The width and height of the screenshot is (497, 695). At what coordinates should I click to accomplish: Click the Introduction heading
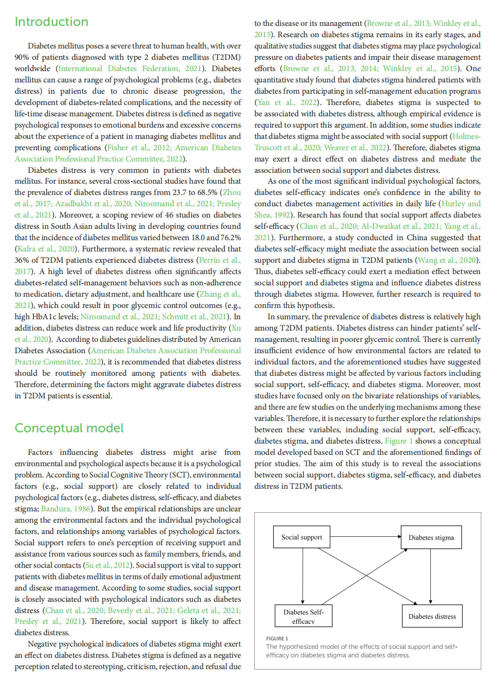click(51, 22)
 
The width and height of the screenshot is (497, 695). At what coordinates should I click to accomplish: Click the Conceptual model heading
click(69, 428)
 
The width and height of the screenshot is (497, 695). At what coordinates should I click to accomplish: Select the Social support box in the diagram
click(301, 537)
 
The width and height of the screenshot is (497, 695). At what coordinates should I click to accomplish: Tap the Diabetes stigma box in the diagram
click(431, 538)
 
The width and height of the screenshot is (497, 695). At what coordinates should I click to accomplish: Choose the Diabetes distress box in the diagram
click(432, 616)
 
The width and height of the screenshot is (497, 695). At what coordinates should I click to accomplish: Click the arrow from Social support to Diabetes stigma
click(365, 537)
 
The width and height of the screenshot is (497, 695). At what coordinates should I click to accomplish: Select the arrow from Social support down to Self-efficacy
click(303, 576)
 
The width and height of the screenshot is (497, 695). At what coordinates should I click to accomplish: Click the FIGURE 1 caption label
click(277, 638)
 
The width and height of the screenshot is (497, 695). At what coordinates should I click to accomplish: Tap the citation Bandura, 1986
click(66, 509)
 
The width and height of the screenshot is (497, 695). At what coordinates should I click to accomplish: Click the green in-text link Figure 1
click(399, 441)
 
